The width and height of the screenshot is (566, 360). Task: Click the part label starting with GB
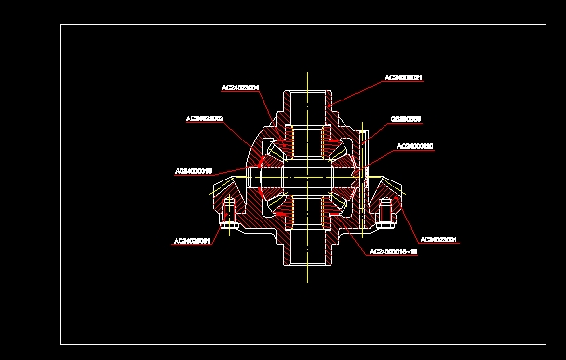click(405, 120)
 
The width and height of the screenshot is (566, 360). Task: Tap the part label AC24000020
click(415, 146)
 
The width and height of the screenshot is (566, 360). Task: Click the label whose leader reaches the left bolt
click(192, 240)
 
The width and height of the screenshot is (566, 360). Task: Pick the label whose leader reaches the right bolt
click(438, 239)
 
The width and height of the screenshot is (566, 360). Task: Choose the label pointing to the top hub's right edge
click(403, 77)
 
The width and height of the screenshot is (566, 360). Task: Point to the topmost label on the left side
click(240, 87)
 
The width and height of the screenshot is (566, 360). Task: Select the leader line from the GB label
click(379, 131)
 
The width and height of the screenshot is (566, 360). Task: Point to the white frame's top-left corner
click(60, 25)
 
